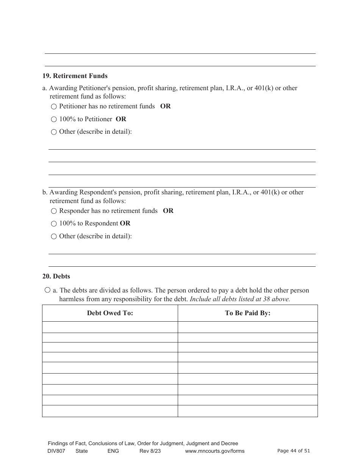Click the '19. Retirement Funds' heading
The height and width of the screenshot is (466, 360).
(75, 76)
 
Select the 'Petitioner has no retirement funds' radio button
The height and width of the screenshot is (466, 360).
(54, 107)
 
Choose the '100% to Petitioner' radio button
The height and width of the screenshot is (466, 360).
(54, 119)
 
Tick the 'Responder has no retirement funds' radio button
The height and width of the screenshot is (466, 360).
(54, 211)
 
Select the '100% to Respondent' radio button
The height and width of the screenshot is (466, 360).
(54, 224)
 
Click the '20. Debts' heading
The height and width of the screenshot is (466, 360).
(56, 277)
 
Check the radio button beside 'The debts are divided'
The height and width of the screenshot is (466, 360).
(47, 290)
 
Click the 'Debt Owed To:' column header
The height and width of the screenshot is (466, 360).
(110, 313)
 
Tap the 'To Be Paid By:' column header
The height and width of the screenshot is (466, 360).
(247, 313)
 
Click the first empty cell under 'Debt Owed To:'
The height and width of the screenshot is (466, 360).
(110, 327)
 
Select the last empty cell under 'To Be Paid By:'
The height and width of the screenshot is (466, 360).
(247, 411)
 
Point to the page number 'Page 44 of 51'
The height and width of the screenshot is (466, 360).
(294, 451)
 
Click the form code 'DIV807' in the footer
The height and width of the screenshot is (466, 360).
(56, 451)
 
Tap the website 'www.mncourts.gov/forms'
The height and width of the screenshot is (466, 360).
(214, 451)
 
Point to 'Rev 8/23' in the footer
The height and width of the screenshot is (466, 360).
(150, 451)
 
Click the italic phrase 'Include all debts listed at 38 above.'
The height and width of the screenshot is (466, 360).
(239, 299)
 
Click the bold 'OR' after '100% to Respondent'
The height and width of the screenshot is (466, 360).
(125, 224)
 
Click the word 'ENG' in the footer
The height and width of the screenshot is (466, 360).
(113, 451)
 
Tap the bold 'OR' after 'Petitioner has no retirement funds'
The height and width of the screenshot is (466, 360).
(165, 106)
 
